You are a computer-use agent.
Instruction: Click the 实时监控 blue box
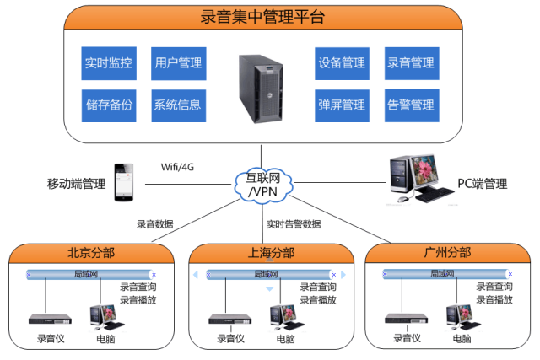(x=109, y=63)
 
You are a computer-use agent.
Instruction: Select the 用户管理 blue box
(x=179, y=64)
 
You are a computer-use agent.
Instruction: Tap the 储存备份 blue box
(x=109, y=105)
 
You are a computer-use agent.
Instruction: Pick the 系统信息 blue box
(x=179, y=105)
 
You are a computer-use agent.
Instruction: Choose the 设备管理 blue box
(x=342, y=64)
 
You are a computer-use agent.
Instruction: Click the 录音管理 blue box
(x=412, y=63)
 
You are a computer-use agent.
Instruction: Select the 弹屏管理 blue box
(x=342, y=105)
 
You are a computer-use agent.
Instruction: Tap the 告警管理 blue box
(x=412, y=105)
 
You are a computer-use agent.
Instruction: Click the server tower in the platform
(x=261, y=89)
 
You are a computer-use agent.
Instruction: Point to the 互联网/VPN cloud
(x=263, y=185)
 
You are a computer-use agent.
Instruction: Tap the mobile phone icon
(x=124, y=182)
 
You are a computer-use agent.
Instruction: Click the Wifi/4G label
(x=177, y=167)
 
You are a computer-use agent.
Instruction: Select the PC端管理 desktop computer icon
(x=421, y=179)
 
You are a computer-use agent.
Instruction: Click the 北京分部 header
(x=91, y=253)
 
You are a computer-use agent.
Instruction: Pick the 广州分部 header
(x=447, y=253)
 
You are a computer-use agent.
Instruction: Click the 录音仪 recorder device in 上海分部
(x=230, y=320)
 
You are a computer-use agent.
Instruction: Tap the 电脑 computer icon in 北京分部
(x=106, y=317)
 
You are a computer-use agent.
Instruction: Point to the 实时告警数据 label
(x=294, y=224)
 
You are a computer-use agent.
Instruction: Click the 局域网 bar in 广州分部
(x=447, y=274)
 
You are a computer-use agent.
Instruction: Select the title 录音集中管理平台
(x=262, y=17)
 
